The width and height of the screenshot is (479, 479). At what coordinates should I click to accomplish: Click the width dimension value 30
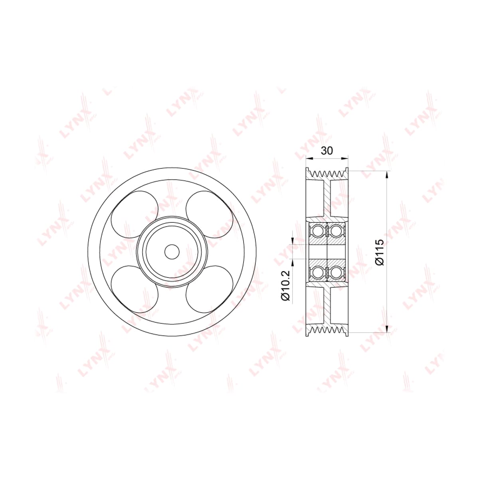tap(327, 150)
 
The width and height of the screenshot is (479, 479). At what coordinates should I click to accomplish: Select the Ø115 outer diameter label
tap(380, 252)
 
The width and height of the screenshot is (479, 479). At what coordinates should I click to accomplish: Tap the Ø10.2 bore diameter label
tap(286, 286)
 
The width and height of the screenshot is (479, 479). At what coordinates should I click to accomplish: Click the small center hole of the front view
tap(172, 252)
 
